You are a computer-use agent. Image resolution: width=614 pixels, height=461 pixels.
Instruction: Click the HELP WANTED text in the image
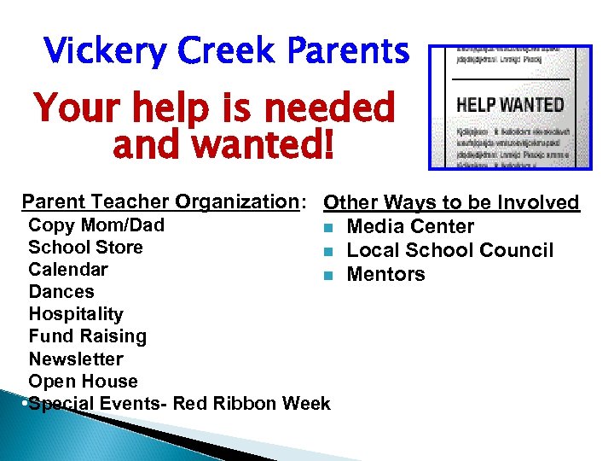[511, 105]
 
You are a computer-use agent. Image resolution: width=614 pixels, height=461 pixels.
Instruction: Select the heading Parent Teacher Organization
[160, 201]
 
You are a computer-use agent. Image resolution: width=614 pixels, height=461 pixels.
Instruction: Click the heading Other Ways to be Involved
[452, 202]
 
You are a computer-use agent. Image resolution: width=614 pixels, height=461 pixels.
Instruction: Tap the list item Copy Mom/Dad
[96, 225]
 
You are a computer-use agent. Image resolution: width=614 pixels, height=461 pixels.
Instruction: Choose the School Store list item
[85, 248]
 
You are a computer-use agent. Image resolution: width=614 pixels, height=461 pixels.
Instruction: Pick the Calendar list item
[68, 270]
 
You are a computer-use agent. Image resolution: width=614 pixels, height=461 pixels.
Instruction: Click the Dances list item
[61, 292]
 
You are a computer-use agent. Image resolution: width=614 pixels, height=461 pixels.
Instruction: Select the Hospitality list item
[76, 314]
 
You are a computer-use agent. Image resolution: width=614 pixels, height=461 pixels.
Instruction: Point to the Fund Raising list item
[88, 336]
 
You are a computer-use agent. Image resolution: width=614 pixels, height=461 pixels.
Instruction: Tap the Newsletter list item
[76, 359]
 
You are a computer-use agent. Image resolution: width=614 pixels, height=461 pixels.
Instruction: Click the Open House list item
[83, 381]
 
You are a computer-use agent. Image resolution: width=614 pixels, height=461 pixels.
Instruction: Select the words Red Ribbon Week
[252, 403]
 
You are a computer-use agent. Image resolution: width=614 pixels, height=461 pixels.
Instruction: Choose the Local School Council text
[450, 250]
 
